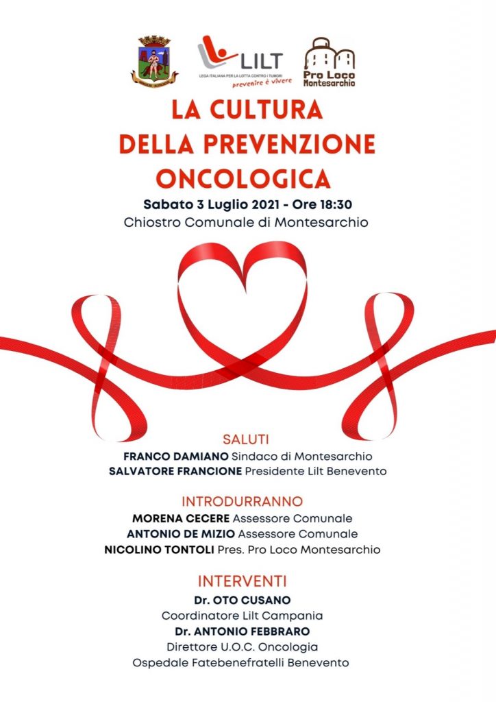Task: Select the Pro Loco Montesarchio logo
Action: click(x=330, y=62)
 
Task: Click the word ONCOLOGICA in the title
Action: click(x=243, y=178)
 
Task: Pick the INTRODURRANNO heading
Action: click(x=242, y=501)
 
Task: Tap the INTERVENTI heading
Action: click(x=242, y=581)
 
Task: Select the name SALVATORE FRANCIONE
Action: click(x=176, y=471)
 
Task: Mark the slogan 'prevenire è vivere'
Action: click(x=261, y=80)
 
